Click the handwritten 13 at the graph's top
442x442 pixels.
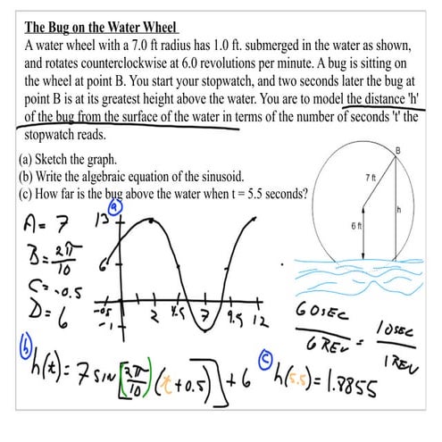coord(103,221)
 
